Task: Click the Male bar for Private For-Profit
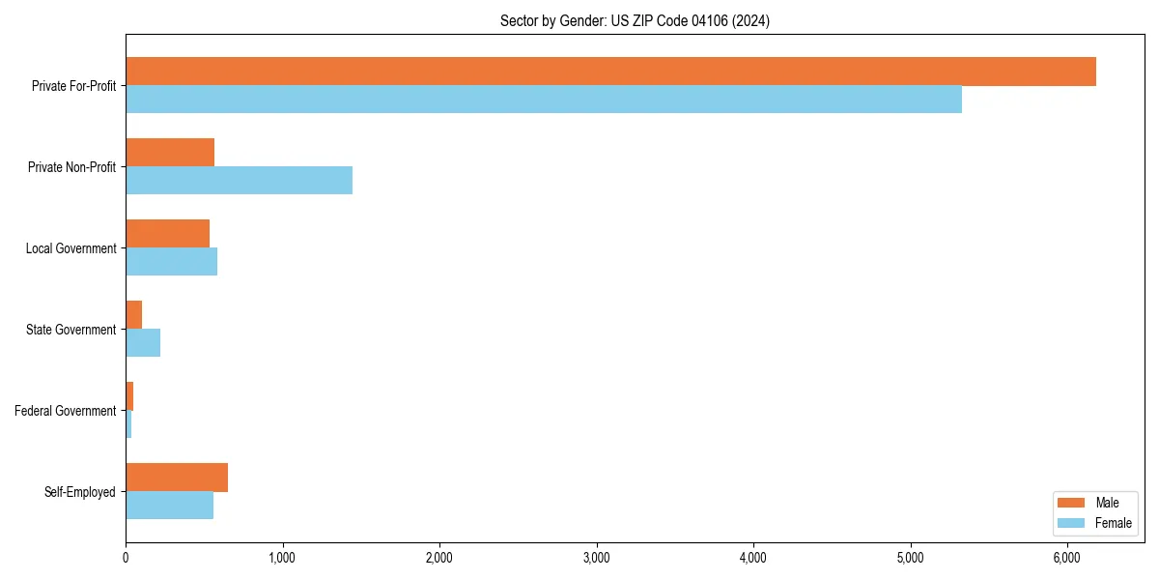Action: pos(610,72)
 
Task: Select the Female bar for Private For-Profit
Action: pos(544,100)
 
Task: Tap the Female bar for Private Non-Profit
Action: pos(239,181)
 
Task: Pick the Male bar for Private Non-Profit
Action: pos(170,153)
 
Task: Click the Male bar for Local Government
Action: pos(167,234)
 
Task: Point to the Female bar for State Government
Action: pos(143,343)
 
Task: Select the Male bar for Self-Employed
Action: pos(177,478)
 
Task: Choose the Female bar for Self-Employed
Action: pos(169,506)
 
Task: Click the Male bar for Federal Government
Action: pos(129,396)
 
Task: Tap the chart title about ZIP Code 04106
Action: pos(635,20)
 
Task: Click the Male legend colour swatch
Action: pos(1072,503)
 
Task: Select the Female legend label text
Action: pos(1113,523)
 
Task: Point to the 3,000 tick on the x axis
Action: pos(596,558)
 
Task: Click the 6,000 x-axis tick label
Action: pos(1066,558)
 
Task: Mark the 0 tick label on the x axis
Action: pos(126,558)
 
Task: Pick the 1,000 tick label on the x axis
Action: pos(282,558)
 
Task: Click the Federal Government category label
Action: pos(66,411)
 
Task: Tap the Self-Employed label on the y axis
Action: pos(80,492)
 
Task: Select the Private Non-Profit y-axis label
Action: pos(71,167)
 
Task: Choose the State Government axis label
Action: pos(71,330)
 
